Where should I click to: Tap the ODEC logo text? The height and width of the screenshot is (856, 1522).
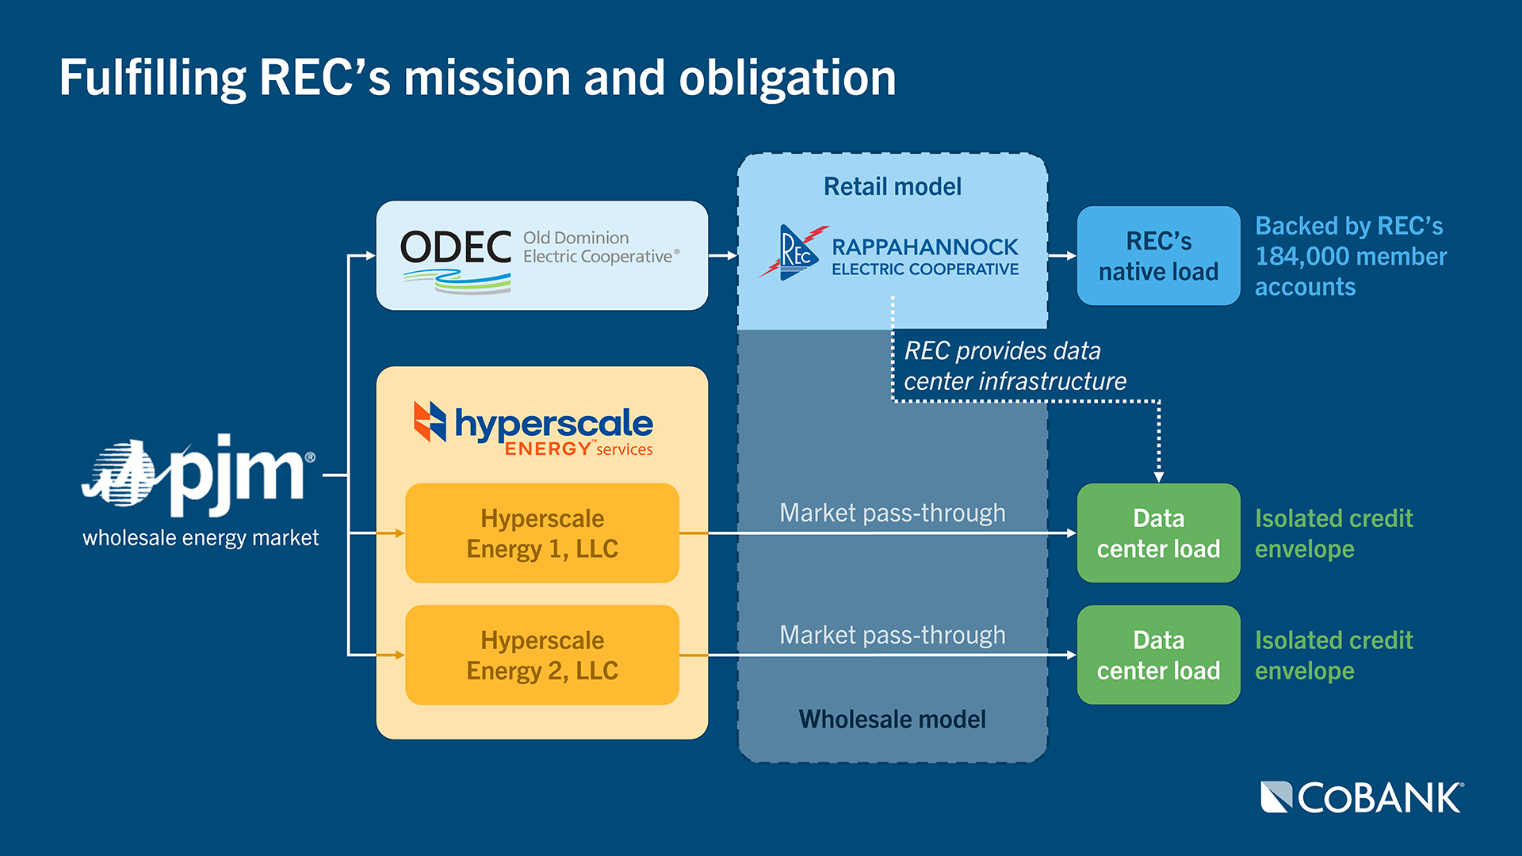(455, 248)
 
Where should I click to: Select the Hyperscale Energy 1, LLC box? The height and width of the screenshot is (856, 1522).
(542, 533)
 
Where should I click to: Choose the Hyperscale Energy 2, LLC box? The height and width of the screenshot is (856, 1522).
(542, 655)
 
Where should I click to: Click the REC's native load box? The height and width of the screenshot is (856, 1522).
(1158, 256)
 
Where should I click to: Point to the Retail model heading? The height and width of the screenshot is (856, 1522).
(892, 187)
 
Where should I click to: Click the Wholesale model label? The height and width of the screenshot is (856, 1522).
(892, 719)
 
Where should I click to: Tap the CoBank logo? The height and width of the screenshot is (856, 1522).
(1362, 797)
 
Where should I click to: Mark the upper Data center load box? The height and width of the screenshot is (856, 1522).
(1158, 533)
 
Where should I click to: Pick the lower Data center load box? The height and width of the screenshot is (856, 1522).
(1158, 655)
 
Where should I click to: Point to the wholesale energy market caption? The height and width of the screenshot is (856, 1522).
(201, 538)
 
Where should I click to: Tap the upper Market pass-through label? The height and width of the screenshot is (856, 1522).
(892, 513)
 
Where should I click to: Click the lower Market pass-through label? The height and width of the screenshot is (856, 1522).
(892, 635)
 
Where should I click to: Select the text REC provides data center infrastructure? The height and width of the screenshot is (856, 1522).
(1014, 366)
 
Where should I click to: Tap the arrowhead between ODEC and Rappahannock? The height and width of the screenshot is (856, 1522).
(732, 256)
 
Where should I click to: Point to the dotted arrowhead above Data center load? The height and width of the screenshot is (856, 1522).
(1159, 477)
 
